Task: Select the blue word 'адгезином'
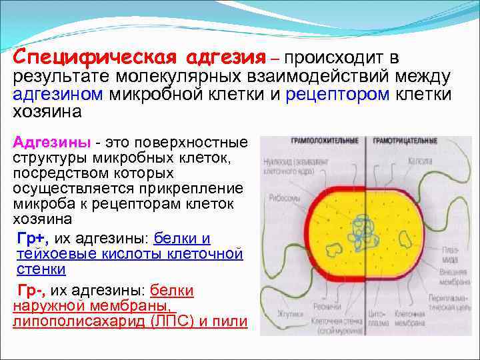[x=57, y=94]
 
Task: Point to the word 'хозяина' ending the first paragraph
[x=47, y=111]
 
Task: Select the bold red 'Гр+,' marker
[x=32, y=239]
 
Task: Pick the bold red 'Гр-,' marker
[x=31, y=290]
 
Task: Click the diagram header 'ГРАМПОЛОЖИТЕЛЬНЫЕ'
[x=324, y=141]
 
